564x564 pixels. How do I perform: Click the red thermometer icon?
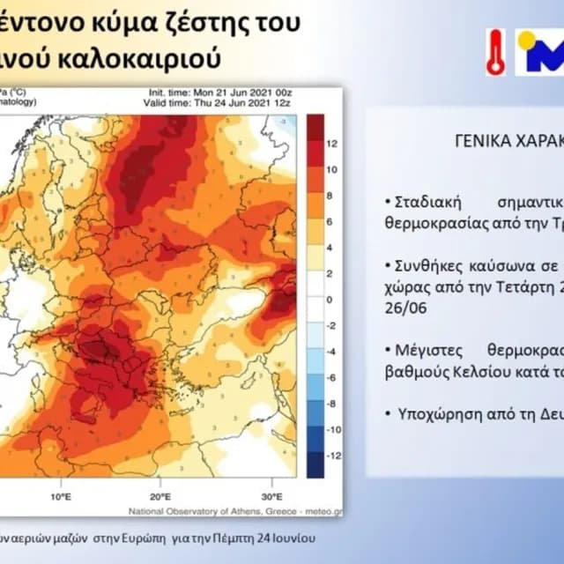pyautogui.click(x=495, y=51)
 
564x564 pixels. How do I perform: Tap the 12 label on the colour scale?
pyautogui.click(x=332, y=142)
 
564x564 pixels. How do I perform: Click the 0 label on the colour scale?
pyautogui.click(x=330, y=301)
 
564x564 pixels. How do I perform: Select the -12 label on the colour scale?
pyautogui.click(x=333, y=457)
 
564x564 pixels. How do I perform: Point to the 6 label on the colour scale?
pyautogui.click(x=330, y=221)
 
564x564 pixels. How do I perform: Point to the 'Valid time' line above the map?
pyautogui.click(x=220, y=102)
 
